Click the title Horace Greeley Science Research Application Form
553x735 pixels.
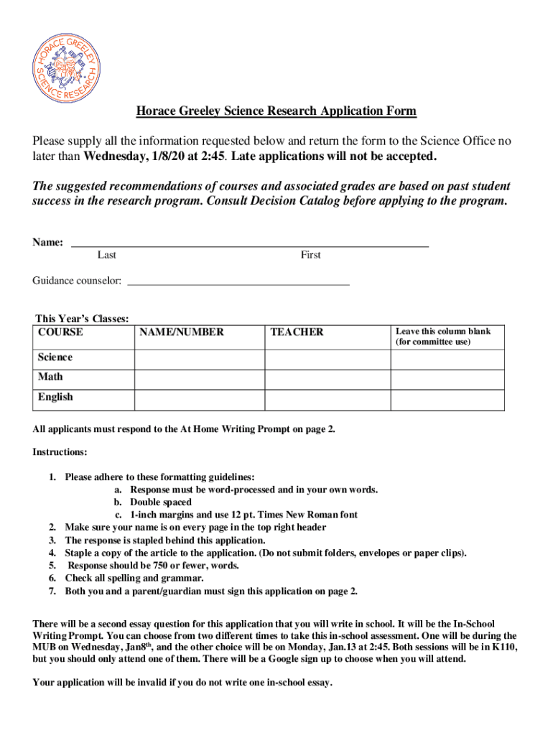point(276,111)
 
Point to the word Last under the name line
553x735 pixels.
point(107,255)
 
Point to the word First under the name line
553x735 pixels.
point(310,255)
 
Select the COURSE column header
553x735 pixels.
point(60,332)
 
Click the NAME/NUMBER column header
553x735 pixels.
point(182,332)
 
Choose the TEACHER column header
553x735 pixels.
point(297,332)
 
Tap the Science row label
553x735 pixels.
point(55,357)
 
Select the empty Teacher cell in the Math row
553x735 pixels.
point(327,379)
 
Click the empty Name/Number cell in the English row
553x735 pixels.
point(200,399)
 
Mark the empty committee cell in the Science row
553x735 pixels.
point(447,359)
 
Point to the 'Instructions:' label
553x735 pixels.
point(60,452)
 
